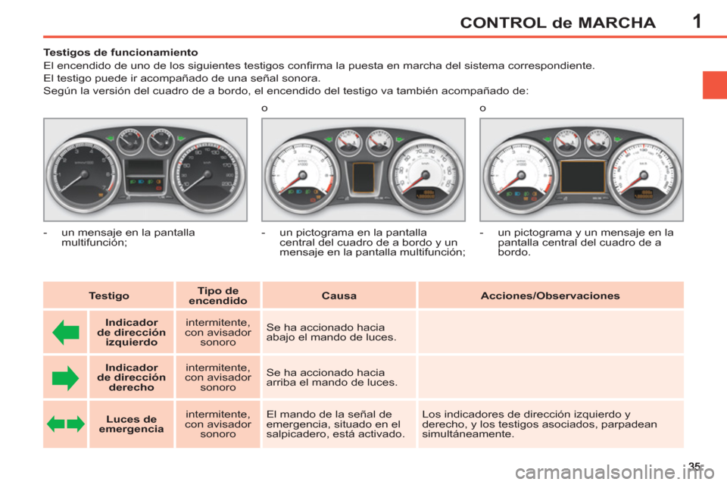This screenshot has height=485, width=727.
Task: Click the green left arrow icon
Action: [66, 332]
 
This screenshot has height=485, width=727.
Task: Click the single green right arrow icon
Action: [66, 377]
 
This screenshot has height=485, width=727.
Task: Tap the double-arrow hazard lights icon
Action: [66, 424]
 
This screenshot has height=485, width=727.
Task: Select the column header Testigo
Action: [108, 296]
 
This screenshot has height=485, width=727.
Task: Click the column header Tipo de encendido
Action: [218, 296]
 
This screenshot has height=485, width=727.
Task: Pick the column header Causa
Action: [339, 296]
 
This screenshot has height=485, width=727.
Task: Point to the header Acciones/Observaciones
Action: [550, 296]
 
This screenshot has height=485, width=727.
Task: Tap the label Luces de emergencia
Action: [131, 424]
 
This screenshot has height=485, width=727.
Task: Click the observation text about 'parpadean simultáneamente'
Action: [539, 424]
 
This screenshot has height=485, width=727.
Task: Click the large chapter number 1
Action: [697, 20]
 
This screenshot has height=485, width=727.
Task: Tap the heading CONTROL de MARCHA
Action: [557, 22]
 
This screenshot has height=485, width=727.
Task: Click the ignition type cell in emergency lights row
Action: [218, 424]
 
